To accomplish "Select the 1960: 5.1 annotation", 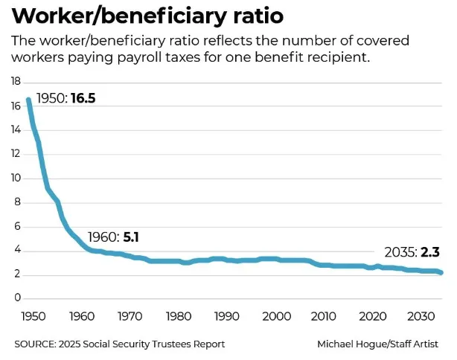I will tap(114, 238).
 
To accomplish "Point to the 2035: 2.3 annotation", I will tap(411, 251).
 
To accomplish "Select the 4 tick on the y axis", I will tap(17, 251).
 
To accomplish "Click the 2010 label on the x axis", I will tap(324, 317).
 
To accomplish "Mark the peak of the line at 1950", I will tap(29, 100).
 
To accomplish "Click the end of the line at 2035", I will tap(441, 272).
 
